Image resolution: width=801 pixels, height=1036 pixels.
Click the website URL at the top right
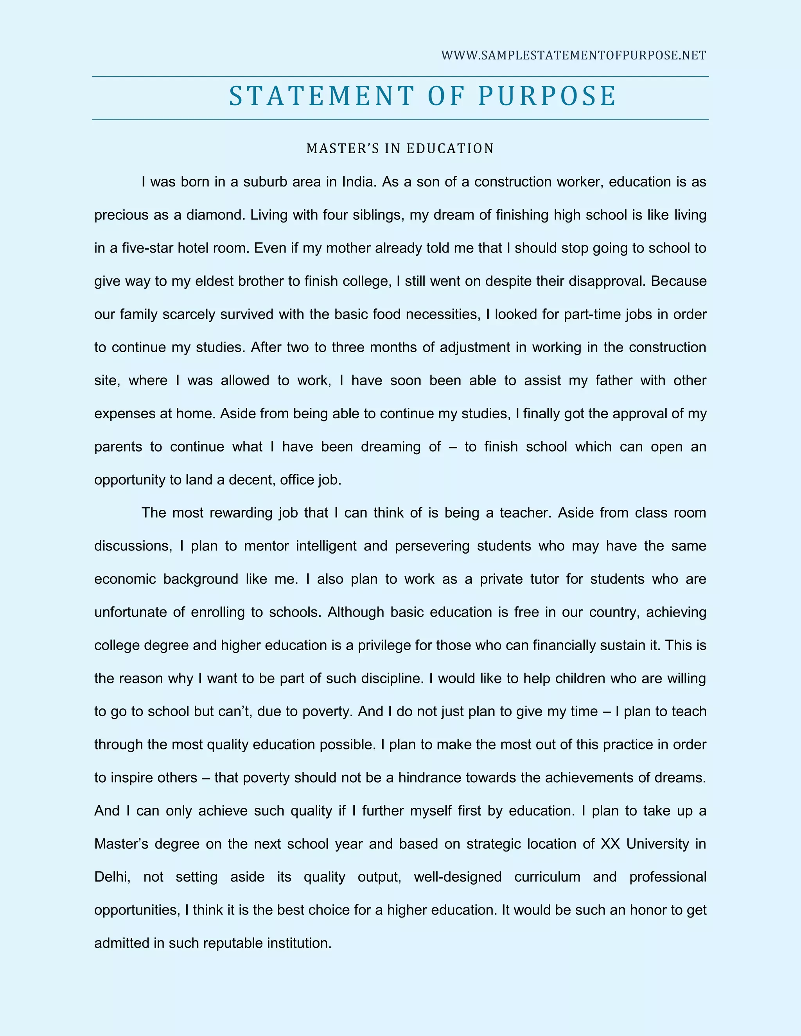(573, 56)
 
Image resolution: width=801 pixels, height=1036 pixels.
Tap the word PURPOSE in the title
(547, 96)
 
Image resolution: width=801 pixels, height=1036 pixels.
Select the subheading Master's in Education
(400, 149)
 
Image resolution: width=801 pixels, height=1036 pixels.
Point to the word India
(359, 182)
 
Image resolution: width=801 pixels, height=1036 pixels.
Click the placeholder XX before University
(610, 844)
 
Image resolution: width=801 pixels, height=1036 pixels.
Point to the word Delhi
(112, 877)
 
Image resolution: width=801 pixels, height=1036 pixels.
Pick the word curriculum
(547, 877)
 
